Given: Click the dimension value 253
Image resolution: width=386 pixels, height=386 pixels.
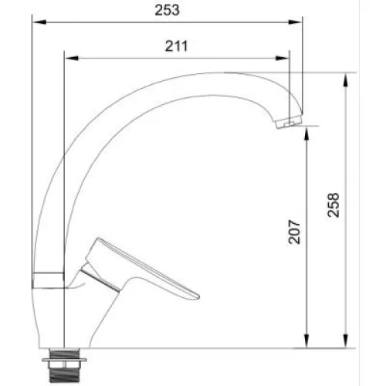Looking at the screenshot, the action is pos(167,10).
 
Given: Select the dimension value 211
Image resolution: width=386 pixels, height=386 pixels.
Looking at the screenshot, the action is pos(176,46).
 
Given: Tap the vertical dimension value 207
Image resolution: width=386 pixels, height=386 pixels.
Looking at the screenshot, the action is pos(294,232).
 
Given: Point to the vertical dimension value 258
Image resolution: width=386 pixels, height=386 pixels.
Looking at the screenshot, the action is pos(334,205).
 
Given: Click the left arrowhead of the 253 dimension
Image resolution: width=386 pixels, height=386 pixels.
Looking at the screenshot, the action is pos(39,22).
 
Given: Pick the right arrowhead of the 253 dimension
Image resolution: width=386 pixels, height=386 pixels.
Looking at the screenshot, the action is pos(295,22).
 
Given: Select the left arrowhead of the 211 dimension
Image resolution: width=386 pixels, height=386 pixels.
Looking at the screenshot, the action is pos(72,58).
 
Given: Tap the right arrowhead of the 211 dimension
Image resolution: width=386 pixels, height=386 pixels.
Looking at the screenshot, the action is pos(282,58).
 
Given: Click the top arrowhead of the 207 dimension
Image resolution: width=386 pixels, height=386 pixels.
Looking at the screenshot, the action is pos(306,133).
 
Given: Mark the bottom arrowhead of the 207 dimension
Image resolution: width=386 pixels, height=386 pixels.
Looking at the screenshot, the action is pos(306,341).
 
